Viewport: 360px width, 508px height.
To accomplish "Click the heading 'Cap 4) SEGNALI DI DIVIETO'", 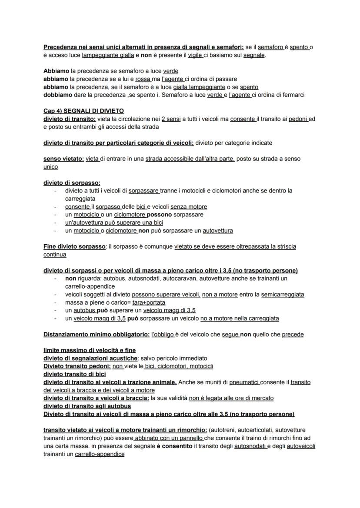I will pyautogui.click(x=83, y=111).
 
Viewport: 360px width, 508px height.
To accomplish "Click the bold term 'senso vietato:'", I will pyautogui.click(x=63, y=159).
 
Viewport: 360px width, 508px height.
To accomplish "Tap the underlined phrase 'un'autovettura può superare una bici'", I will pyautogui.click(x=114, y=222).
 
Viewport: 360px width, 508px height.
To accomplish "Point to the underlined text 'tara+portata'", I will pyautogui.click(x=149, y=302).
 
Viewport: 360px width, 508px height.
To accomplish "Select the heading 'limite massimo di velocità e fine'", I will pyautogui.click(x=89, y=350).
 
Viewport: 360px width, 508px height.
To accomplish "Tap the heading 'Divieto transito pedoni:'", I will pyautogui.click(x=77, y=366).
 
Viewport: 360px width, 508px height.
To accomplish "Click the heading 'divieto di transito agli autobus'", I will pyautogui.click(x=87, y=406).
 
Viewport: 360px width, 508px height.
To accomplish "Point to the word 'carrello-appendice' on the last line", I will pyautogui.click(x=100, y=454).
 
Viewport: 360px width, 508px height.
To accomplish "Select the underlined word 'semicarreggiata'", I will pyautogui.click(x=283, y=294).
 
